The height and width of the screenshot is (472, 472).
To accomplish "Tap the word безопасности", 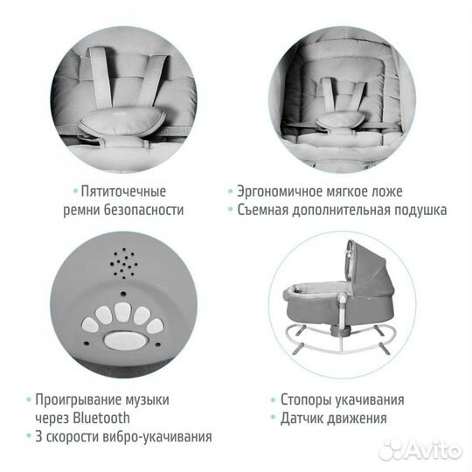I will (146, 211).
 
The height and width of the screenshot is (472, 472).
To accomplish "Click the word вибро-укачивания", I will (160, 436).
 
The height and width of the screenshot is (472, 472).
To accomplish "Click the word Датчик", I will (302, 417).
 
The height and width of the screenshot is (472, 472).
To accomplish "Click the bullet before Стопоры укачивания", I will (274, 399).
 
